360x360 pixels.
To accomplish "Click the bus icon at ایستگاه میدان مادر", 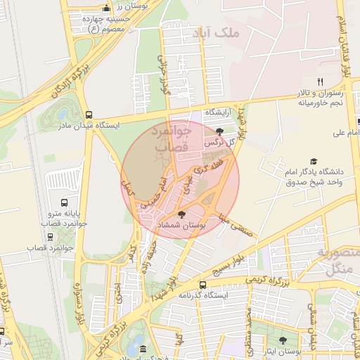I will pos(89,115).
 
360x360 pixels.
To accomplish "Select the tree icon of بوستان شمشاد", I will pos(182,214).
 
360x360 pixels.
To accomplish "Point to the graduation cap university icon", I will pos(314,161).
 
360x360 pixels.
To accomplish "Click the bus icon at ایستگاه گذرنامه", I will pos(203,285).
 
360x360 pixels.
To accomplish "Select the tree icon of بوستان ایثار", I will pos(284,340).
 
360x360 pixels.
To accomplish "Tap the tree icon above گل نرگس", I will pos(219,131).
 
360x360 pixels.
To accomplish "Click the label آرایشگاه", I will pos(217,112).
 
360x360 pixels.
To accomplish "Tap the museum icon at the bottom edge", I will pos(143,349).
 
